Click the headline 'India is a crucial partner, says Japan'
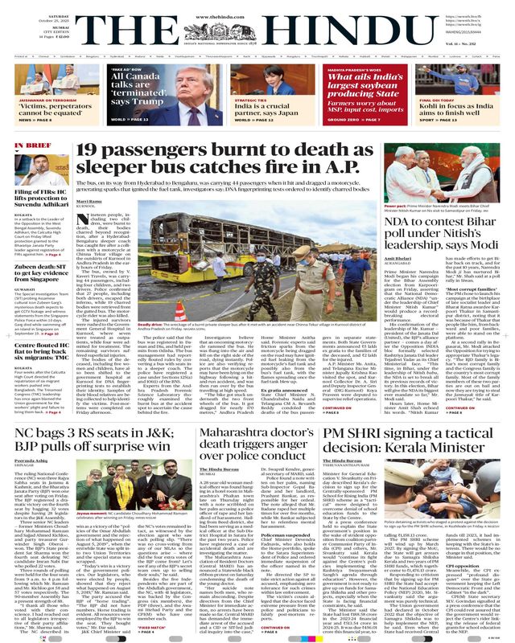[x=261, y=108]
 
